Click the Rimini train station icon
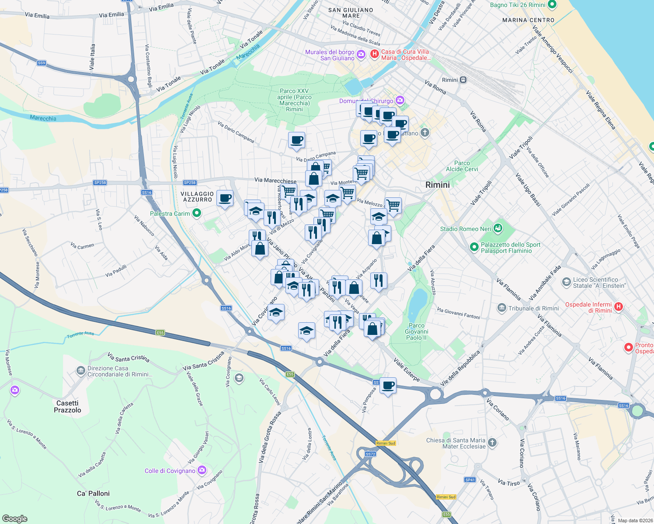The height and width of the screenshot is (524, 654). tap(463, 80)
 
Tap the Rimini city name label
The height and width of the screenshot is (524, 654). tap(437, 185)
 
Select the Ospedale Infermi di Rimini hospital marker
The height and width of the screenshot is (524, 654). tap(618, 307)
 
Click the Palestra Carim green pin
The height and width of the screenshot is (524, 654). tap(197, 213)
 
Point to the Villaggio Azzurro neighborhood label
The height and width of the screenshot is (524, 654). tap(197, 196)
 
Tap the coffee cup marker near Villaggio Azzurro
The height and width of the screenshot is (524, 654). tap(225, 199)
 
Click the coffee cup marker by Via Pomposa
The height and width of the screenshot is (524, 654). tap(388, 386)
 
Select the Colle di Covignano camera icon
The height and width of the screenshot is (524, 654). tap(202, 470)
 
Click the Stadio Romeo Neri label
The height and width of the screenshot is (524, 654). tap(466, 229)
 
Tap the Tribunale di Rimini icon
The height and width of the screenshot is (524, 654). tap(502, 308)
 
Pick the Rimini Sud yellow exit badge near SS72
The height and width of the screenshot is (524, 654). tap(386, 443)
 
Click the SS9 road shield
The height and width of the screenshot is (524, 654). tap(42, 63)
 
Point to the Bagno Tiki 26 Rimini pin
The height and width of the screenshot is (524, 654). tap(552, 5)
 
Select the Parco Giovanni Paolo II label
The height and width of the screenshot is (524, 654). tap(417, 331)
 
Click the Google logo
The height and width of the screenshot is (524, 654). tap(14, 518)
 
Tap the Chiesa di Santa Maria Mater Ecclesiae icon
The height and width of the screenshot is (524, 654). tap(492, 443)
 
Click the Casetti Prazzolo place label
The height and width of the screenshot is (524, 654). tap(67, 407)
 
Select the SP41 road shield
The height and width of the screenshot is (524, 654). tap(470, 479)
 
